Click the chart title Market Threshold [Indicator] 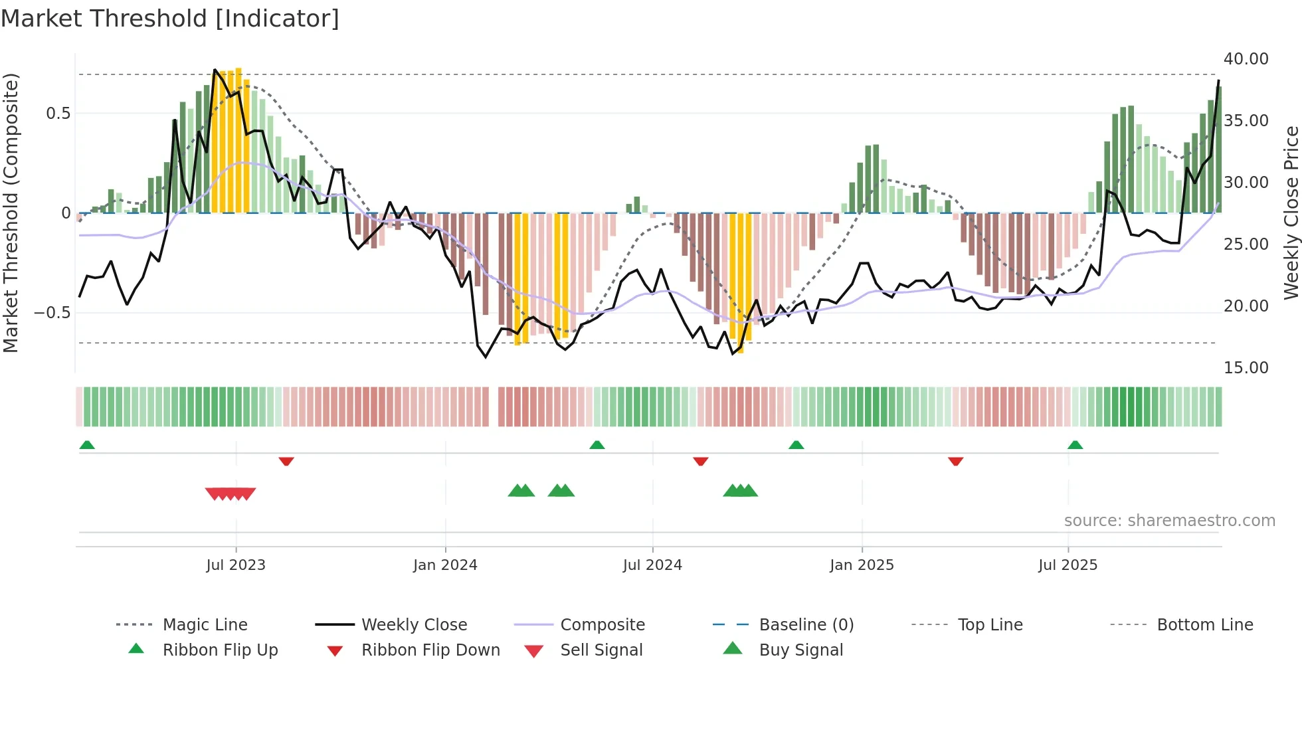[170, 19]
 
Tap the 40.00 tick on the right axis [1246, 59]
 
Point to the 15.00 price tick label [1246, 368]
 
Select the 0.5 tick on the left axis [58, 114]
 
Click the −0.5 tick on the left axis [52, 313]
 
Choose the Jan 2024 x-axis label [445, 565]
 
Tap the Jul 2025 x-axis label [1068, 565]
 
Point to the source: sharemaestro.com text [1169, 521]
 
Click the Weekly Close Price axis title [1291, 213]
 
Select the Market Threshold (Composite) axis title [11, 213]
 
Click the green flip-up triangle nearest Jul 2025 [1075, 445]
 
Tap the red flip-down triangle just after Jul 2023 [286, 461]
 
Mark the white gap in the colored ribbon [494, 407]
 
